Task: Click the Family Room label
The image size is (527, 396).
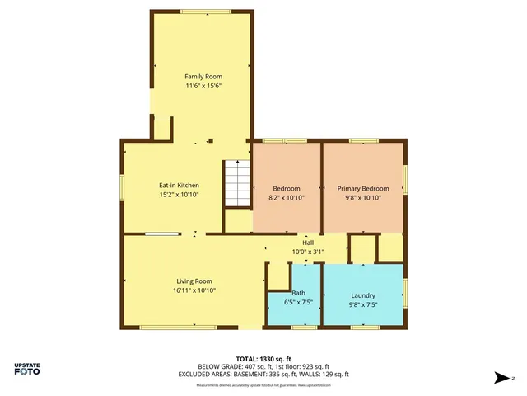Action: (203, 77)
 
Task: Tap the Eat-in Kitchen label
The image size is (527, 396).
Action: (179, 186)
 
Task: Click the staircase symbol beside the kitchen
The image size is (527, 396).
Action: (236, 184)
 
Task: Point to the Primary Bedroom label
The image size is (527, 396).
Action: (363, 189)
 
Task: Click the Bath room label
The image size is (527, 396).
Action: (298, 293)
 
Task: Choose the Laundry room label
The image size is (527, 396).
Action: (363, 295)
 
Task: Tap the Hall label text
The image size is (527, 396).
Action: (308, 243)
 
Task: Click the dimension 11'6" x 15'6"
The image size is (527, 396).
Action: (203, 86)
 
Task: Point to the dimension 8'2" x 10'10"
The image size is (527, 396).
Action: (286, 198)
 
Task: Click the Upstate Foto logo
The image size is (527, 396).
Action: (28, 368)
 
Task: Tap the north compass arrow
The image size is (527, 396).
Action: (501, 378)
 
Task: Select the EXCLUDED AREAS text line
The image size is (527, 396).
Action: (263, 374)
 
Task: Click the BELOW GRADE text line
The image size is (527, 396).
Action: (263, 366)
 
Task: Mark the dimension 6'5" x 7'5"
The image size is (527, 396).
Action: (298, 302)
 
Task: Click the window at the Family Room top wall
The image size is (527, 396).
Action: (205, 12)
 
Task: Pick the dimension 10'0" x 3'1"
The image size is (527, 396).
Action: (308, 252)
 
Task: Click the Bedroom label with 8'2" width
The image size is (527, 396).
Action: (286, 189)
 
